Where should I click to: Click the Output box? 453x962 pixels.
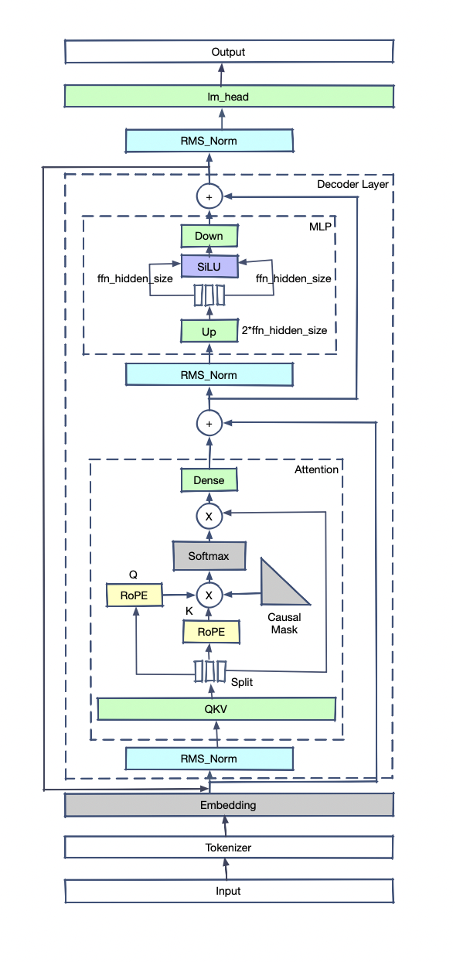coord(229,52)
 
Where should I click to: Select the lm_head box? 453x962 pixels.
coord(229,96)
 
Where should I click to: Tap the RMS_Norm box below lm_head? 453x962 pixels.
coord(209,141)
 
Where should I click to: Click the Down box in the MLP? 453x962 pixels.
coord(209,236)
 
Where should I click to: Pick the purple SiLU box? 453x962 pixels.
coord(209,266)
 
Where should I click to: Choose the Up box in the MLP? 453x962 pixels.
coord(209,331)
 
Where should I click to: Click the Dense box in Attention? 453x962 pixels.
coord(209,479)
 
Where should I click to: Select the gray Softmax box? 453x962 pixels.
coord(209,556)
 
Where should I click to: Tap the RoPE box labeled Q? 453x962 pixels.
coord(135,595)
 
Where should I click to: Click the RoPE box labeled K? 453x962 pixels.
coord(211,632)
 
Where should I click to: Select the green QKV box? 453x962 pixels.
coord(216,708)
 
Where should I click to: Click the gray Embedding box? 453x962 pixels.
coord(229,805)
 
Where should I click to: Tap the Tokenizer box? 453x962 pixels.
coord(229,847)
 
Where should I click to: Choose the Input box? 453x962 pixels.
coord(229,891)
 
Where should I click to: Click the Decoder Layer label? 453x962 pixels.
coord(353,184)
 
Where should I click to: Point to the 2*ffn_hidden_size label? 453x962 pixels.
coord(284,330)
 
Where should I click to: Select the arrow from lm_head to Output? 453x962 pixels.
coord(222,74)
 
